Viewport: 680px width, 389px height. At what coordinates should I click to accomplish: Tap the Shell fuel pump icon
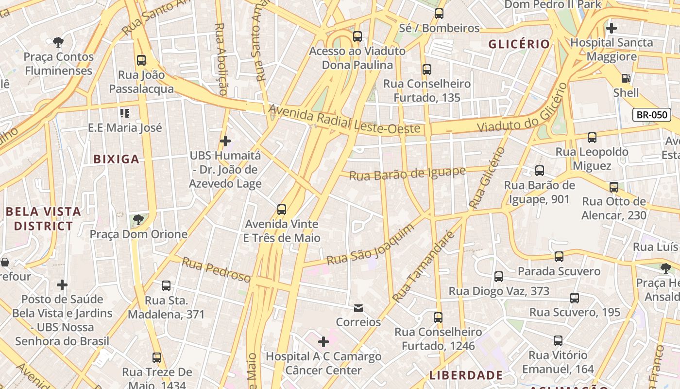coord(626,78)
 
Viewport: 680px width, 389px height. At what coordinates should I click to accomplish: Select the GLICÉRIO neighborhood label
coord(519,44)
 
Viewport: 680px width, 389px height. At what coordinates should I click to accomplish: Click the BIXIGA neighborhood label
coord(116,159)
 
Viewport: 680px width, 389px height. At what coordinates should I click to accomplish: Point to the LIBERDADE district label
coord(466,375)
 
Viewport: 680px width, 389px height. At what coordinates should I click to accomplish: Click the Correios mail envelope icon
coord(358,308)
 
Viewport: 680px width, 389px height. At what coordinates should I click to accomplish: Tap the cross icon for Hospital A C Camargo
coord(323,342)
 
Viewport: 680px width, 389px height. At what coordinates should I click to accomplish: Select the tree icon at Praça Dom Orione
coord(138,219)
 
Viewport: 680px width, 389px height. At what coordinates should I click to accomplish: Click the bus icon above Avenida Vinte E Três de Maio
coord(282,210)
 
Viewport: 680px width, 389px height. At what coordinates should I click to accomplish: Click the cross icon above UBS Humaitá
coord(225,141)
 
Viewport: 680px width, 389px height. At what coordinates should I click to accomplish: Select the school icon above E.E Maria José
coord(125,113)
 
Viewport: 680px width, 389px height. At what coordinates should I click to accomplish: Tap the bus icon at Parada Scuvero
coord(559,256)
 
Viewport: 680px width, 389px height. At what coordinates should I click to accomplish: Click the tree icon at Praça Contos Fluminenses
coord(59,42)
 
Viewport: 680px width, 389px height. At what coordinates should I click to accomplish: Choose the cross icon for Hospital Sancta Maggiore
coord(611,28)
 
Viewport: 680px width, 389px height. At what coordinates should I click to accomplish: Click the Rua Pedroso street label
coord(216,270)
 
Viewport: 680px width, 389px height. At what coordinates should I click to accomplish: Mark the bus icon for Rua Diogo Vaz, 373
coord(499,277)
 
